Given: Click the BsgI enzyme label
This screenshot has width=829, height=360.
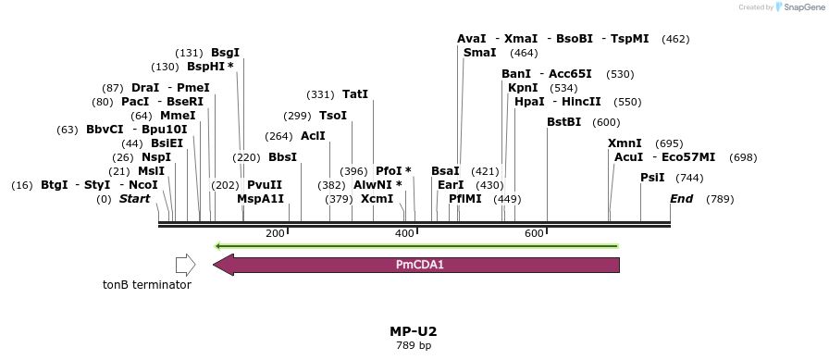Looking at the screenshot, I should click(225, 53).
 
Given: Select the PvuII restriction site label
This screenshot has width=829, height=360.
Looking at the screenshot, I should click(265, 185).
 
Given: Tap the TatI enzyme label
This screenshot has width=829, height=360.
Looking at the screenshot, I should click(355, 94).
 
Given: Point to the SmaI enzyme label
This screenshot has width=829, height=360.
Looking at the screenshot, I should click(479, 53).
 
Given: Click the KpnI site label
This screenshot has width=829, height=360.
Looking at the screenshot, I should click(523, 88).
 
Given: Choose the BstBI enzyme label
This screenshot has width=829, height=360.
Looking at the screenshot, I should click(563, 122).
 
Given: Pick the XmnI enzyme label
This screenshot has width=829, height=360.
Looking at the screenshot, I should click(625, 143).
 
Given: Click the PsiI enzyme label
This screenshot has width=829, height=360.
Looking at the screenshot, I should click(653, 178).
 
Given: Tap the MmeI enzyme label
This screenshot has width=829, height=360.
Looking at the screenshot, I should click(178, 116).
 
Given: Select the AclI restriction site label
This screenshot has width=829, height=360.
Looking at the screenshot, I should click(313, 136).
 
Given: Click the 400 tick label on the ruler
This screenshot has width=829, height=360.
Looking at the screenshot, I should click(404, 233).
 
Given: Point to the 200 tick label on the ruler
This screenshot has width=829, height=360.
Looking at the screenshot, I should click(275, 233).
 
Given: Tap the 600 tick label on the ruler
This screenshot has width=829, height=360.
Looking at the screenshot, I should click(534, 233).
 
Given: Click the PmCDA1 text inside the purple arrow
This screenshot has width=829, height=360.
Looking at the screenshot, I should click(420, 265).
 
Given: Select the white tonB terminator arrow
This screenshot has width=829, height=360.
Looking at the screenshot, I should click(185, 265).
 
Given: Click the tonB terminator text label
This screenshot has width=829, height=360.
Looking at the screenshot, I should click(147, 285).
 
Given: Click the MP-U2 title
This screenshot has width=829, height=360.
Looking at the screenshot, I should click(414, 331).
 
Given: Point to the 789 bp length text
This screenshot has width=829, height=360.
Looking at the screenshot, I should click(414, 346).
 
